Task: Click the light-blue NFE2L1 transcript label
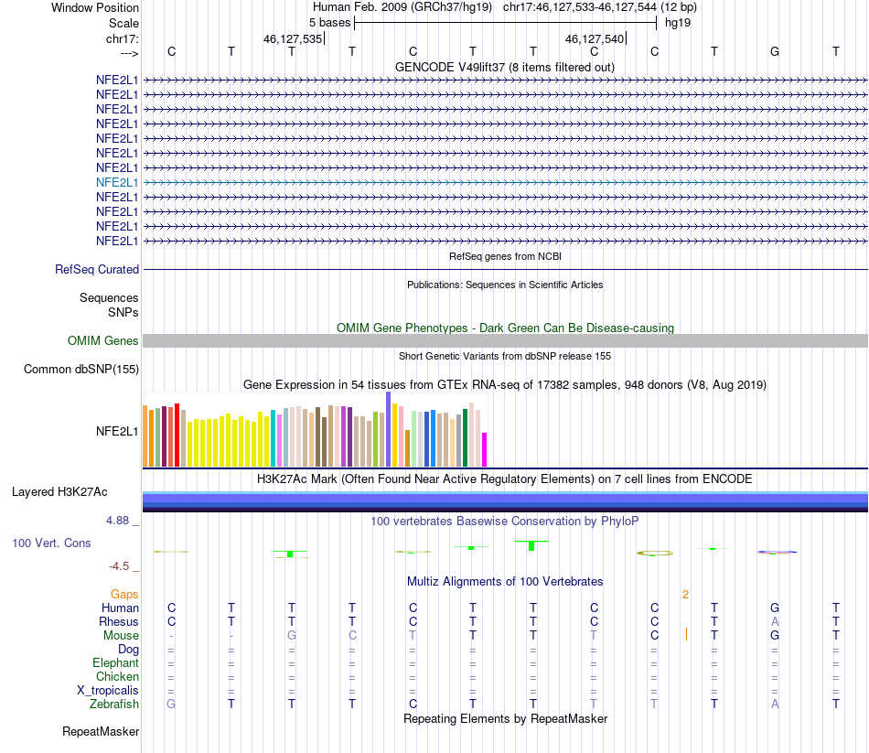click(x=117, y=182)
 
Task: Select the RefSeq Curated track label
click(x=97, y=270)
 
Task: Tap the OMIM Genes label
click(x=103, y=341)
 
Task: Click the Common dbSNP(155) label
click(x=81, y=370)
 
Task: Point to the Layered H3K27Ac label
click(x=59, y=492)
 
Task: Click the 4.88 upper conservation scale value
click(x=117, y=521)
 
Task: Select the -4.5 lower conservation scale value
click(x=119, y=566)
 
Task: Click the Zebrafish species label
click(x=114, y=705)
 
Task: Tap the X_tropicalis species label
click(x=108, y=691)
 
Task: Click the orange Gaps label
click(x=124, y=595)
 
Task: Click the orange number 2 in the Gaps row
click(x=685, y=595)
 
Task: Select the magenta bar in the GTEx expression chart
click(x=485, y=449)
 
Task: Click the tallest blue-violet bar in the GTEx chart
click(x=389, y=429)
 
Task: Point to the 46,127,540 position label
click(x=595, y=38)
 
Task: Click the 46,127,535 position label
click(x=293, y=38)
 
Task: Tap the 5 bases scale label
click(x=329, y=23)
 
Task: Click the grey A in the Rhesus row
click(x=775, y=621)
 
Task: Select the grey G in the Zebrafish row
click(x=171, y=705)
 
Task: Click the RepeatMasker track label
click(x=101, y=732)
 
